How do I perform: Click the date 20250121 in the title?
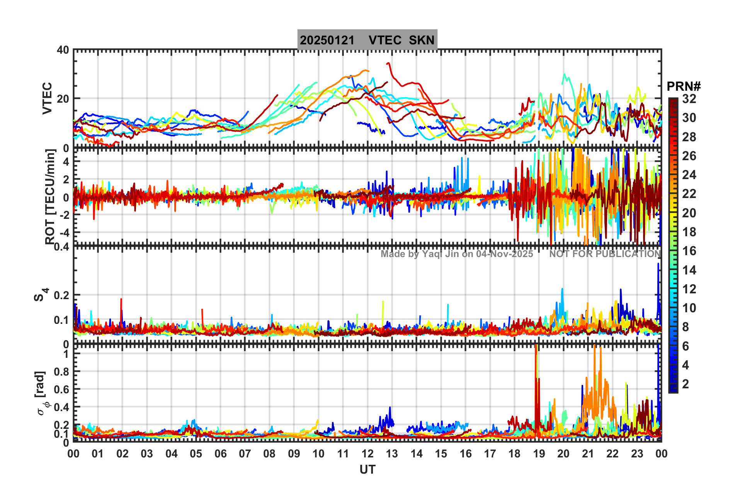point(327,40)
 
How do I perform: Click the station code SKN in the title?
point(422,40)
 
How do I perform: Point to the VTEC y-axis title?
point(47,98)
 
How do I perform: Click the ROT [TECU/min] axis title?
point(50,197)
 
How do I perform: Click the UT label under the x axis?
point(367,469)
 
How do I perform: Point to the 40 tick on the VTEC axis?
point(63,50)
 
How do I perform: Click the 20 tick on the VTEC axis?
point(63,99)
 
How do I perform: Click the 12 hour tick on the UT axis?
point(367,454)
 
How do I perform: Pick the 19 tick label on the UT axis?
point(539,454)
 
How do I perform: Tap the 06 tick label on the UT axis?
point(220,454)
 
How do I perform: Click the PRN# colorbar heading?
point(684,86)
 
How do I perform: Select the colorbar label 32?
point(689,99)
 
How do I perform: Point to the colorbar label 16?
point(689,251)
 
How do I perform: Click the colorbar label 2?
point(686,384)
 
